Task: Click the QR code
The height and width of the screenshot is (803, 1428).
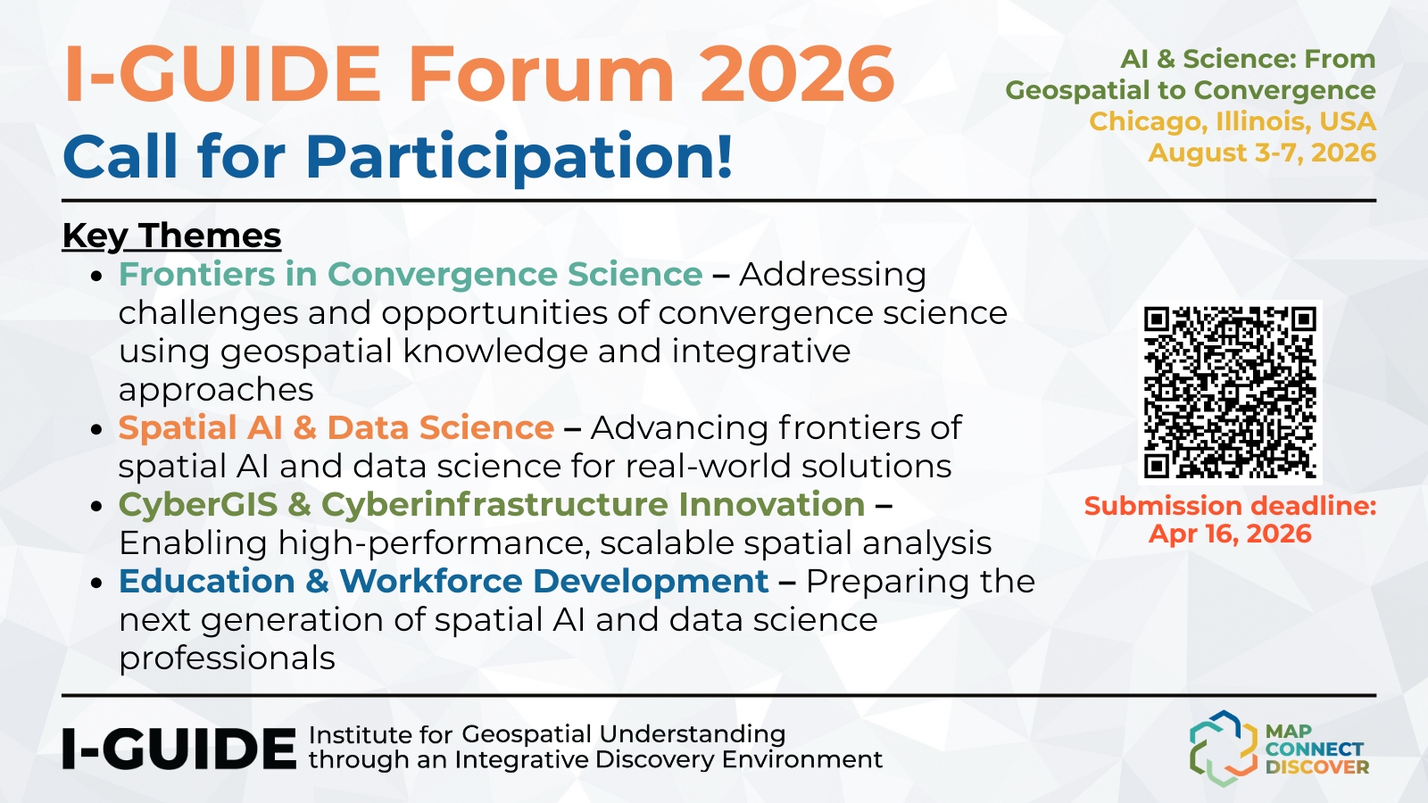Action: point(1230,392)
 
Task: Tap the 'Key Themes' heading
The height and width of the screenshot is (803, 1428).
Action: point(171,236)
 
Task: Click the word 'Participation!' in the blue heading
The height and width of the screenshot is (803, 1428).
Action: point(519,157)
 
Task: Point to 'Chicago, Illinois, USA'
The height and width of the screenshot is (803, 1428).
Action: point(1233,121)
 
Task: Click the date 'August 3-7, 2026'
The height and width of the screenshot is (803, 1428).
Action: point(1262,153)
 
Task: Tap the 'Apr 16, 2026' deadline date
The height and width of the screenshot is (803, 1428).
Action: point(1230,534)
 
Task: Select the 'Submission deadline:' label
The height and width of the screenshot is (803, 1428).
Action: point(1231,506)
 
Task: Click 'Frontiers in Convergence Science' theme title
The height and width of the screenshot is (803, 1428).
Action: point(411,275)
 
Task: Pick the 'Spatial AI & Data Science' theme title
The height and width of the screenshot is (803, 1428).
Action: point(336,427)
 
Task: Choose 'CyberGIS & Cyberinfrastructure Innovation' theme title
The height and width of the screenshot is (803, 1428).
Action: point(492,505)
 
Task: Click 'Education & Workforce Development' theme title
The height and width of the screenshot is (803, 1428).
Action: point(444,581)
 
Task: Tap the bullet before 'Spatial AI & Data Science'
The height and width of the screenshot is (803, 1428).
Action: point(97,429)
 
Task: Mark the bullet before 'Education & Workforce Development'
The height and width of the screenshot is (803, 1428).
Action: point(97,584)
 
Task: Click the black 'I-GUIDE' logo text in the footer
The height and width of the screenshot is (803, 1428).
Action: point(179,749)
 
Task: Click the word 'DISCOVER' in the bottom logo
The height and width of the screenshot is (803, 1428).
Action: point(1317,767)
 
